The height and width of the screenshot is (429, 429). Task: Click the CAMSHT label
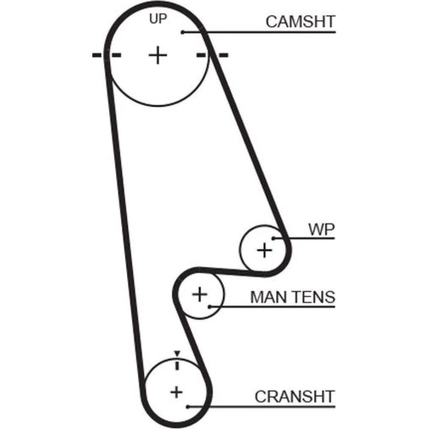point(300,21)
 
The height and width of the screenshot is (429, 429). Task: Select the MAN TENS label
point(292,297)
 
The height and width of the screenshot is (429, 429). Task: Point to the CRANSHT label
point(294,396)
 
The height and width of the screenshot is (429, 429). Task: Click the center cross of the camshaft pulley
point(158,55)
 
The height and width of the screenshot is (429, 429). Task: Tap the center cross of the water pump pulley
point(264,249)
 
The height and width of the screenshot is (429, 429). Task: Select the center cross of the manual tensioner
point(199,294)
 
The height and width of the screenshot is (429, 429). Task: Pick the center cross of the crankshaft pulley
point(176,392)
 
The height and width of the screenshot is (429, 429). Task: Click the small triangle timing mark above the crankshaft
point(176,353)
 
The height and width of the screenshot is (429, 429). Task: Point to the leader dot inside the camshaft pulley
point(182,32)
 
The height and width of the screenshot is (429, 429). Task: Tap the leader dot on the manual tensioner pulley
point(209,306)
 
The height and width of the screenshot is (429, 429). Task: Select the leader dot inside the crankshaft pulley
point(187,405)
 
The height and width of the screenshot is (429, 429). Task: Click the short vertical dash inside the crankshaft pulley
point(176,366)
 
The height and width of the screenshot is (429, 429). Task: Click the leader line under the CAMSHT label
point(266,32)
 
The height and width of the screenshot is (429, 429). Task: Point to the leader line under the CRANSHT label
point(266,405)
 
